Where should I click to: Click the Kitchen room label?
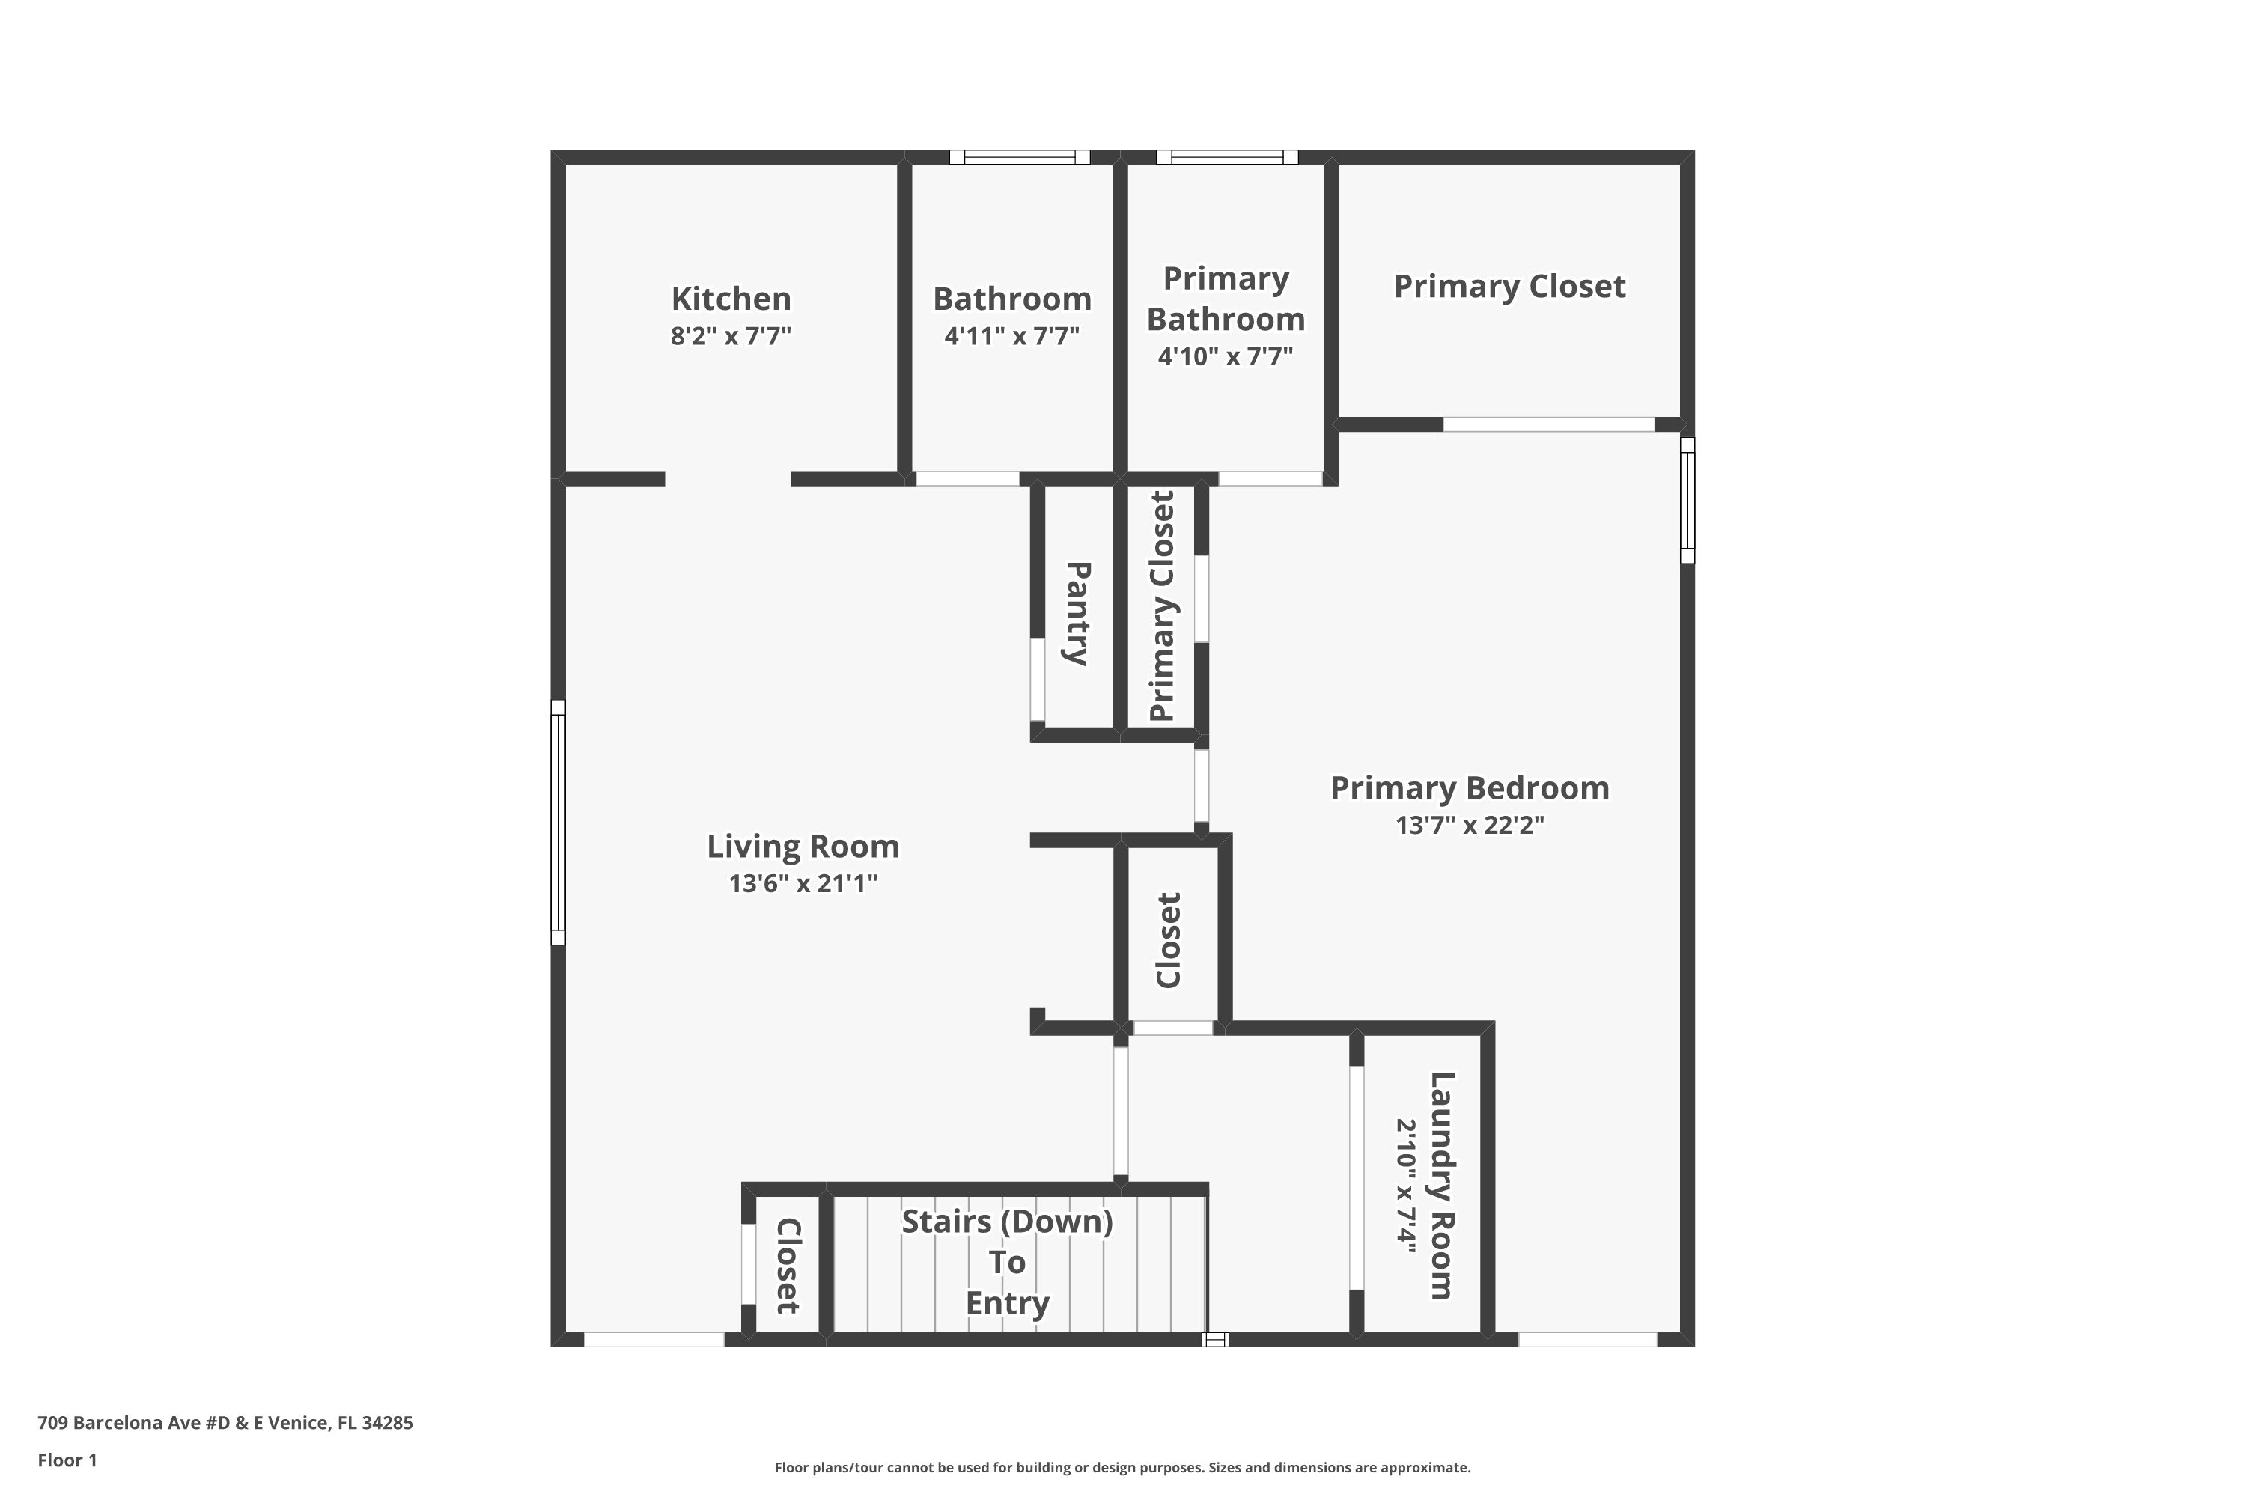(731, 299)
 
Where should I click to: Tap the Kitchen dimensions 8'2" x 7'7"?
(731, 336)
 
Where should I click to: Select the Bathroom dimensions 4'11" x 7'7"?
(1011, 336)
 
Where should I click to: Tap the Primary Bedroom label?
(1470, 789)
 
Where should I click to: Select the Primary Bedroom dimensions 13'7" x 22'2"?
(1470, 825)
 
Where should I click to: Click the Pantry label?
(1077, 613)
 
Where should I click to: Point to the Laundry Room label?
(1441, 1186)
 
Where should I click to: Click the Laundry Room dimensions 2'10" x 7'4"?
(1406, 1186)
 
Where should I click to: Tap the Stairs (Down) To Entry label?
(1008, 1262)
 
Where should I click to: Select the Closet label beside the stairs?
(788, 1266)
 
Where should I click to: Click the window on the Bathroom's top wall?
(1020, 157)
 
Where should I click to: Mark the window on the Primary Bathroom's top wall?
(1227, 157)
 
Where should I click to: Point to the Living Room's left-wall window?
(559, 823)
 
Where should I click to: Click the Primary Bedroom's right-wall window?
(1687, 500)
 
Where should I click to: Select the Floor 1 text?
(67, 1460)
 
